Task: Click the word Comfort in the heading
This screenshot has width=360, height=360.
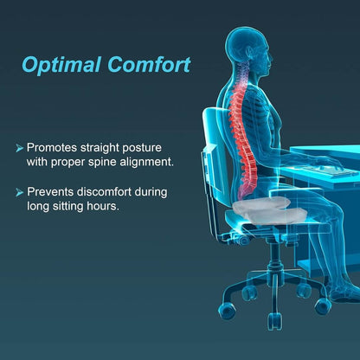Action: click(149, 66)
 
